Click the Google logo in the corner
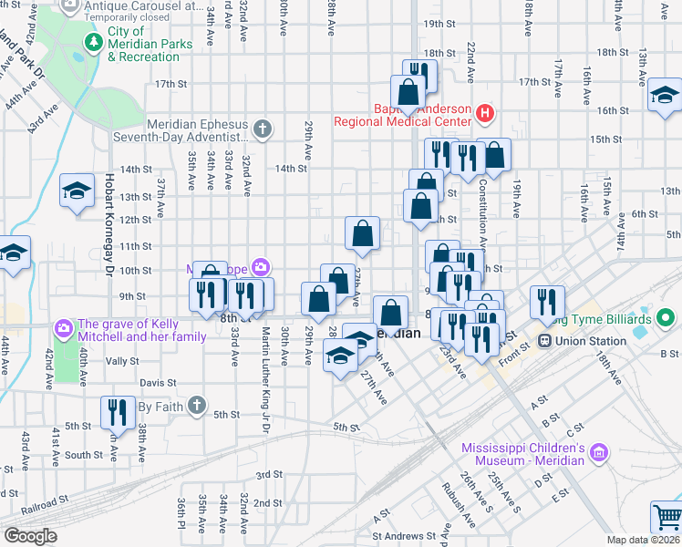pos(30,535)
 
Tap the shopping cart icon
pos(666,518)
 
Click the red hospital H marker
pos(485,114)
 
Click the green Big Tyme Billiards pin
pos(666,318)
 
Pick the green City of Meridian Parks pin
pos(92,42)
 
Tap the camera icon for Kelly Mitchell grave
pos(63,326)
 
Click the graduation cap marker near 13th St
pos(77,191)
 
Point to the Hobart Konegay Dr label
pos(107,225)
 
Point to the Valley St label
pos(121,361)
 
